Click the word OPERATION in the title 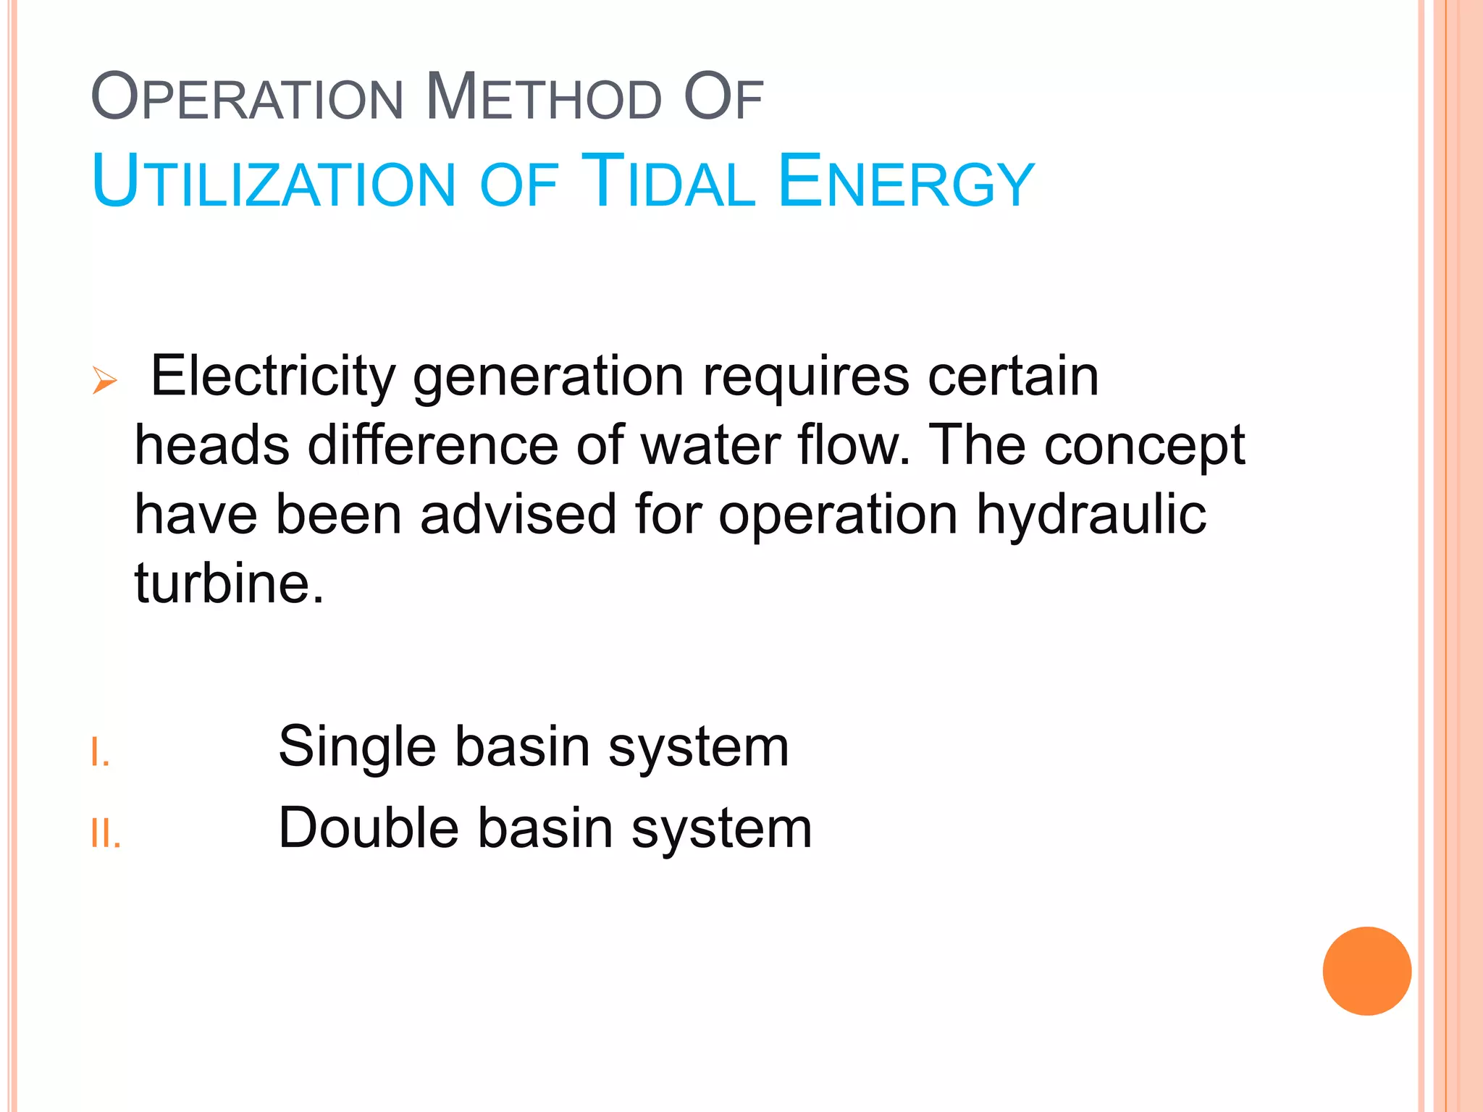point(247,97)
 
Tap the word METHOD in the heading point(543,97)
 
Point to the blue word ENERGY point(906,182)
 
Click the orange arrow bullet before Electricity point(105,380)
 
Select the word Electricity point(273,378)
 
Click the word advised point(518,515)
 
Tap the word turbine point(229,583)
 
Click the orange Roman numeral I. point(100,753)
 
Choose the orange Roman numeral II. point(106,834)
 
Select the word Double point(369,827)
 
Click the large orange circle point(1366,971)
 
